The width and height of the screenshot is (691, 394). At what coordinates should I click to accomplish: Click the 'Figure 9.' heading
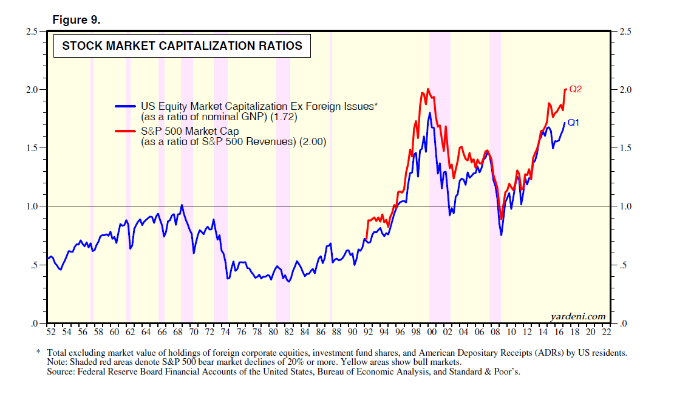76,20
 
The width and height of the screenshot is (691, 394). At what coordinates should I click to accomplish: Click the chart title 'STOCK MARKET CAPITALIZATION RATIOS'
182,46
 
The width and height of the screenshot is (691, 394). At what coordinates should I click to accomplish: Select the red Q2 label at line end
575,89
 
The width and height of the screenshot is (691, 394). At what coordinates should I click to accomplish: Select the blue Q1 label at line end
574,122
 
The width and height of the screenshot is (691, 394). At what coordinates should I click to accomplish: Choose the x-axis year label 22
606,333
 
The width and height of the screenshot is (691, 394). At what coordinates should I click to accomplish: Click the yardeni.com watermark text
578,316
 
